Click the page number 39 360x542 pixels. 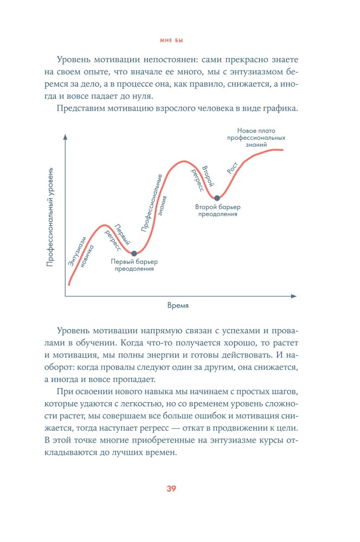coord(171,488)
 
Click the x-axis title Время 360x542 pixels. coord(178,306)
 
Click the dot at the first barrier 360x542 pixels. coord(134,253)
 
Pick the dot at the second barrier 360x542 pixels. coord(217,198)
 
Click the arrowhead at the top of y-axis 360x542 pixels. coord(65,136)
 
